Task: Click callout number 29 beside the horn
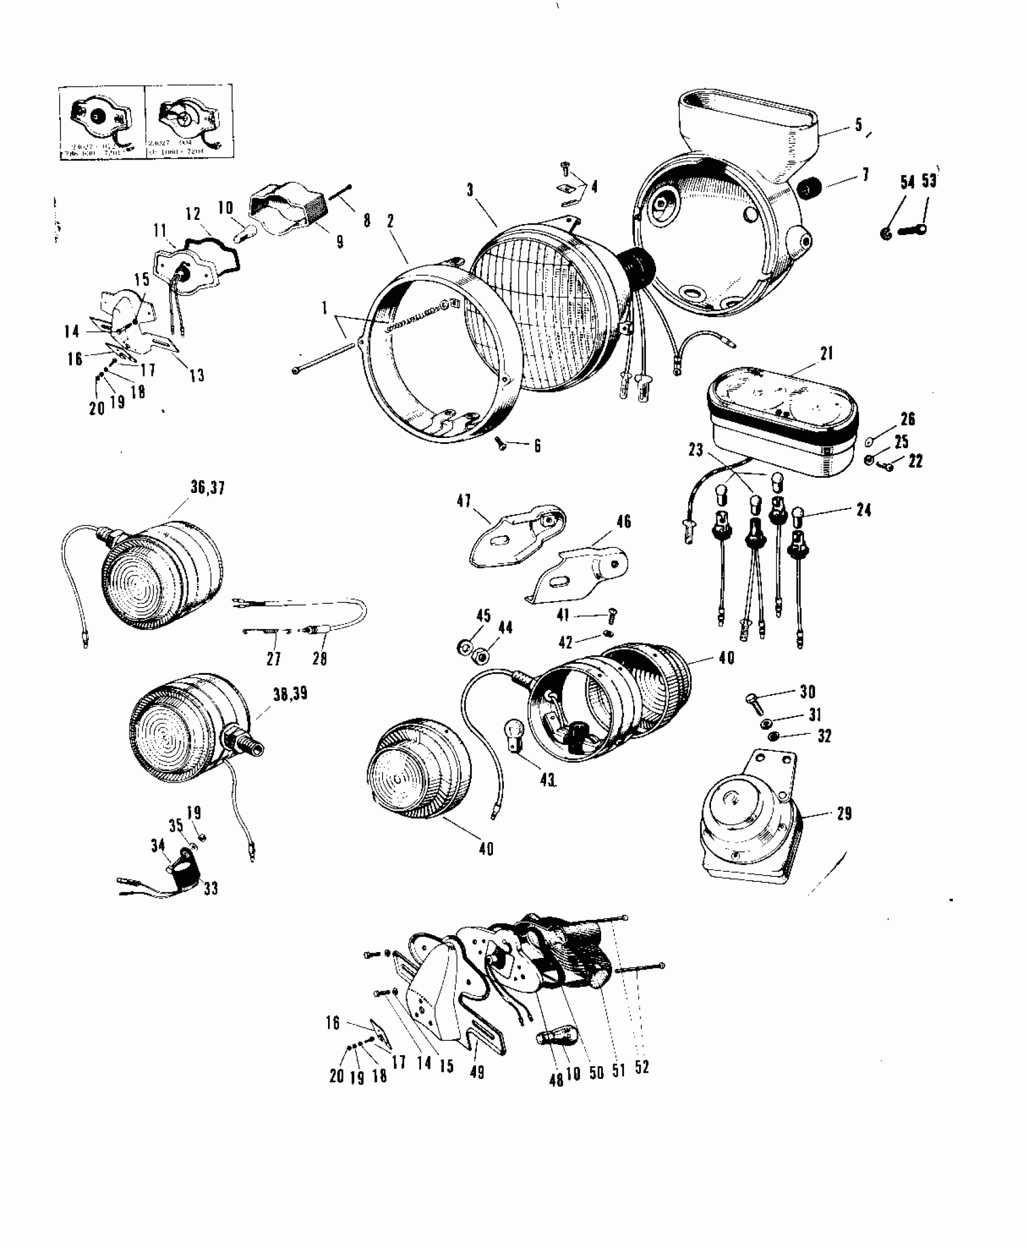(x=844, y=814)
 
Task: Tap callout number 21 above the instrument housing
(x=826, y=353)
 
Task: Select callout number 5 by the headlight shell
(x=858, y=126)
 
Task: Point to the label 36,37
(x=207, y=487)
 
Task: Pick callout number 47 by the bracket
(x=464, y=501)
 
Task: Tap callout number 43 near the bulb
(x=548, y=780)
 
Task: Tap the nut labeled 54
(x=886, y=233)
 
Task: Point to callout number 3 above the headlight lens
(x=471, y=191)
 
